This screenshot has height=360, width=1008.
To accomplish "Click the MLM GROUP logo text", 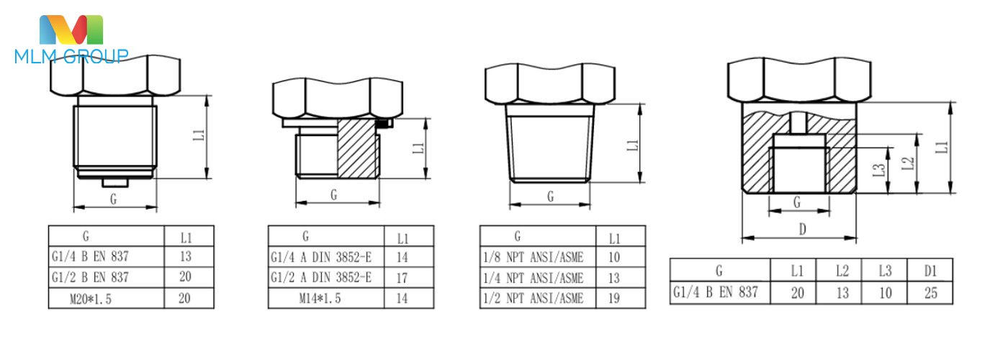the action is [x=71, y=56].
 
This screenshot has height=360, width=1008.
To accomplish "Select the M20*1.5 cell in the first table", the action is [x=91, y=299].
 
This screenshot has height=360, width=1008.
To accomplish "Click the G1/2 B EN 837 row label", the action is [x=90, y=277].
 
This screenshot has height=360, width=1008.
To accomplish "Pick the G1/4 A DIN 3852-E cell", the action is [x=321, y=257].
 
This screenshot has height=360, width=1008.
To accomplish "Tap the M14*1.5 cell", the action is [x=320, y=298].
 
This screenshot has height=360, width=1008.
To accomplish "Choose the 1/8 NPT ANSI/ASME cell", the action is [x=533, y=258].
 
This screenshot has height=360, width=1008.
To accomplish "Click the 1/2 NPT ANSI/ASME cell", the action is [x=533, y=298].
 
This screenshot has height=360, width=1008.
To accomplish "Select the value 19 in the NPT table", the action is [x=614, y=298].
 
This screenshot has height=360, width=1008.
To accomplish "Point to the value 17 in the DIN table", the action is [x=402, y=278].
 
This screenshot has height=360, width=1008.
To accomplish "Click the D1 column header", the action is [x=930, y=271].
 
